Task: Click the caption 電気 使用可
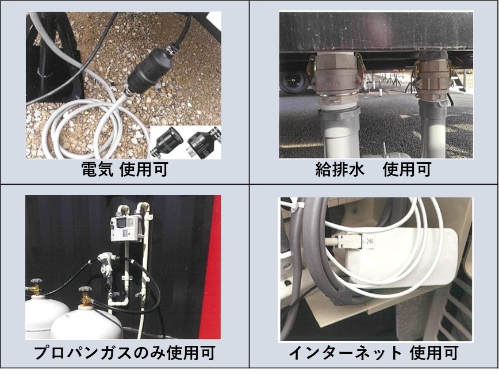[x=124, y=169]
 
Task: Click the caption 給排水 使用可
[x=373, y=169]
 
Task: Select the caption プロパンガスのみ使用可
[x=124, y=353]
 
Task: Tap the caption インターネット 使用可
[x=373, y=353]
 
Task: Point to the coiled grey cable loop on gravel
[x=85, y=127]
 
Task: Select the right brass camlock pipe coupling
[x=433, y=78]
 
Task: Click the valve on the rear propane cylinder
[x=35, y=287]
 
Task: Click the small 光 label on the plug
[x=370, y=241]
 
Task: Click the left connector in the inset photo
[x=167, y=141]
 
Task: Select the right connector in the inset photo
[x=204, y=143]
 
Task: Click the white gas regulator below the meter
[x=106, y=263]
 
